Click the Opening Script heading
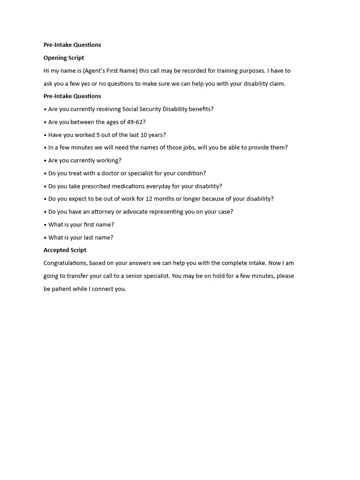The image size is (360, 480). coord(64,58)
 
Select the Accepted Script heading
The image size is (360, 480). coord(65,250)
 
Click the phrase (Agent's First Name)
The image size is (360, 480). coord(111,71)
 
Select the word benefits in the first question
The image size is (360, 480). coord(201,109)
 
